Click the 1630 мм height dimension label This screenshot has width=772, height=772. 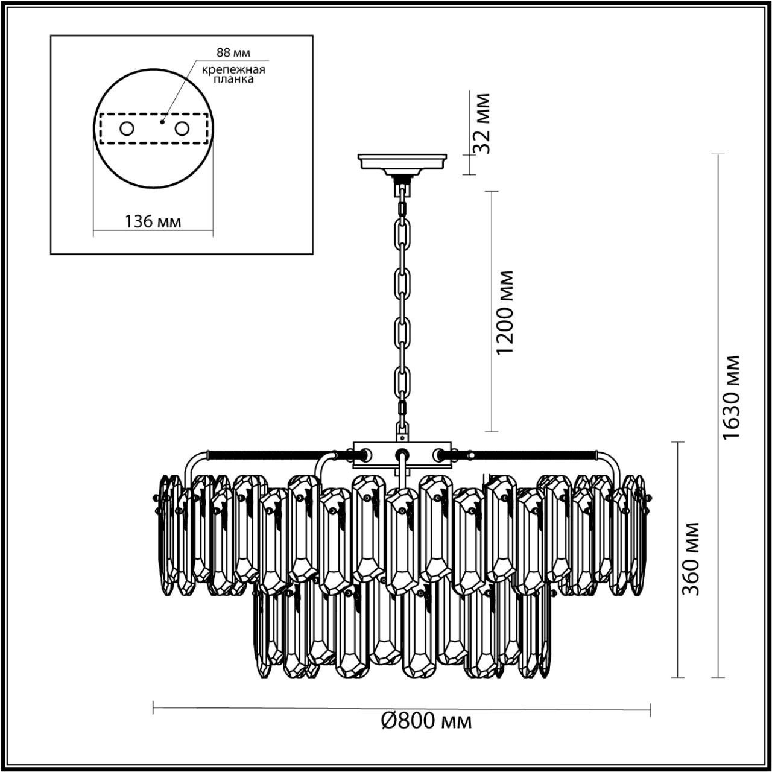[732, 397]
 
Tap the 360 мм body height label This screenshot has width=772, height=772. [692, 558]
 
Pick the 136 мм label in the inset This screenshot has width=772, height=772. [153, 221]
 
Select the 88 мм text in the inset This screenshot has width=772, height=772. [233, 53]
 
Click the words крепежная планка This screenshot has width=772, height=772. [233, 74]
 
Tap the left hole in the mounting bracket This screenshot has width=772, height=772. [127, 128]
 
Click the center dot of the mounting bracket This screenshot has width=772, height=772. [162, 121]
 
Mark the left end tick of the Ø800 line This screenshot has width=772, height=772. [154, 708]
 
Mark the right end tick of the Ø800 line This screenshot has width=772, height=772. [650, 708]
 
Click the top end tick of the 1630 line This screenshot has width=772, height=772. [717, 154]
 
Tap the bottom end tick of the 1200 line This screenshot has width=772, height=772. [492, 432]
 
